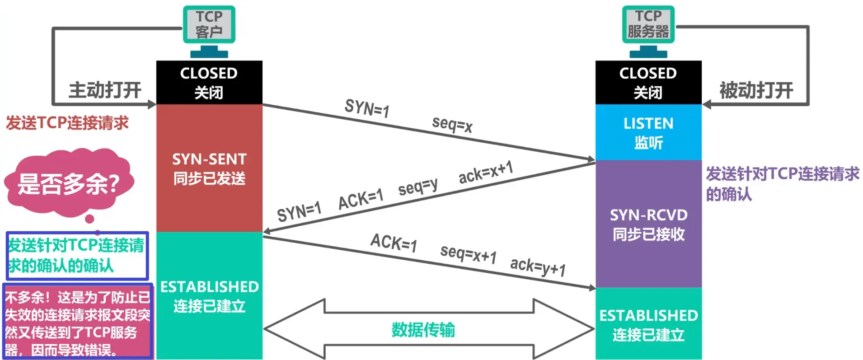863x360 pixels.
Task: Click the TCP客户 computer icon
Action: pyautogui.click(x=209, y=27)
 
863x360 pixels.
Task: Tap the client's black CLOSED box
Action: pyautogui.click(x=209, y=82)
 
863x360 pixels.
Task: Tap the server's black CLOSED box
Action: pyautogui.click(x=648, y=82)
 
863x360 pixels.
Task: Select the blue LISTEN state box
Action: pyautogui.click(x=648, y=132)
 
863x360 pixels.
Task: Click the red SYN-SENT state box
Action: pyautogui.click(x=209, y=168)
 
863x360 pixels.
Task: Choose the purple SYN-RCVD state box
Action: pyautogui.click(x=648, y=224)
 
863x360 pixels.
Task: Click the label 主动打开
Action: pyautogui.click(x=105, y=90)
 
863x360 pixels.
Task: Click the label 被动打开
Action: pyautogui.click(x=756, y=90)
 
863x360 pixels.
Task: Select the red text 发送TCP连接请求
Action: pyautogui.click(x=67, y=123)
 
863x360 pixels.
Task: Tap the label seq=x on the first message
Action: pyautogui.click(x=452, y=123)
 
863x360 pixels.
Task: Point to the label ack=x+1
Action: pyautogui.click(x=486, y=173)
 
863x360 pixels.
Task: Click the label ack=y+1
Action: pyautogui.click(x=538, y=266)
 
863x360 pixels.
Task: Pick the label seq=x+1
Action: pyautogui.click(x=468, y=254)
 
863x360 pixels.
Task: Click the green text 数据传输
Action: pyautogui.click(x=423, y=330)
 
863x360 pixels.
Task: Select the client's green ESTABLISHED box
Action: pyautogui.click(x=209, y=296)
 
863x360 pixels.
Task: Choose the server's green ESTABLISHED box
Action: pyautogui.click(x=648, y=324)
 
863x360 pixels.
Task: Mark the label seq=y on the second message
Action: pyautogui.click(x=417, y=187)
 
